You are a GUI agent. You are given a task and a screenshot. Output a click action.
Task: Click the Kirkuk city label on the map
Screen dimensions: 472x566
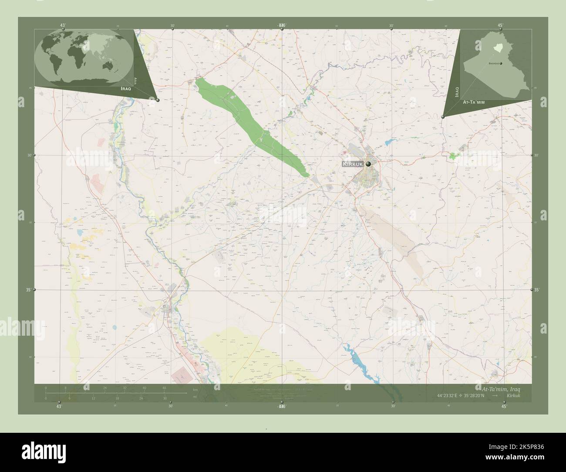[353, 164]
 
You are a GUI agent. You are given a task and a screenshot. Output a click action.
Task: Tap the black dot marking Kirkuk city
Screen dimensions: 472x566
[369, 164]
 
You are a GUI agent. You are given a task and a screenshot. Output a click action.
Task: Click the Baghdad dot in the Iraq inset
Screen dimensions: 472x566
[501, 64]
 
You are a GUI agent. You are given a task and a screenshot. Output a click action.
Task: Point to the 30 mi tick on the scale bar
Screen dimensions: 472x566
[164, 398]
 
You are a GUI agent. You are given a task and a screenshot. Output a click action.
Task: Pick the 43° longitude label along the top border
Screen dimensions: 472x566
[63, 26]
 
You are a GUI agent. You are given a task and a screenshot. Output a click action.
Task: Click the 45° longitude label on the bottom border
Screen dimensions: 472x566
[504, 406]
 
